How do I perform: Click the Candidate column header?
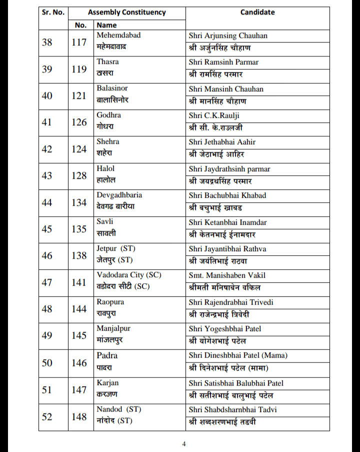click(x=257, y=12)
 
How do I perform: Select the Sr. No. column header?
click(x=53, y=12)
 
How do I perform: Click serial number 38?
click(x=47, y=42)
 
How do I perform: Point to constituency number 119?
click(x=79, y=69)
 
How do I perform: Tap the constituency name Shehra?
click(x=108, y=141)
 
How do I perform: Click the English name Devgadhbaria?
click(x=119, y=195)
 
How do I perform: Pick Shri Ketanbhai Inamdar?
click(x=228, y=222)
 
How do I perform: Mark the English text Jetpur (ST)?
click(x=116, y=248)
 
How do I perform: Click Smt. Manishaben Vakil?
click(x=227, y=275)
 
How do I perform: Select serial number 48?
click(x=47, y=309)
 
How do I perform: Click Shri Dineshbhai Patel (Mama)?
click(x=238, y=356)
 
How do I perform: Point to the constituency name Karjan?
click(x=108, y=383)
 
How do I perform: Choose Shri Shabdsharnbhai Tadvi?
click(x=233, y=410)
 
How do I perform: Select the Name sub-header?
click(x=106, y=24)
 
